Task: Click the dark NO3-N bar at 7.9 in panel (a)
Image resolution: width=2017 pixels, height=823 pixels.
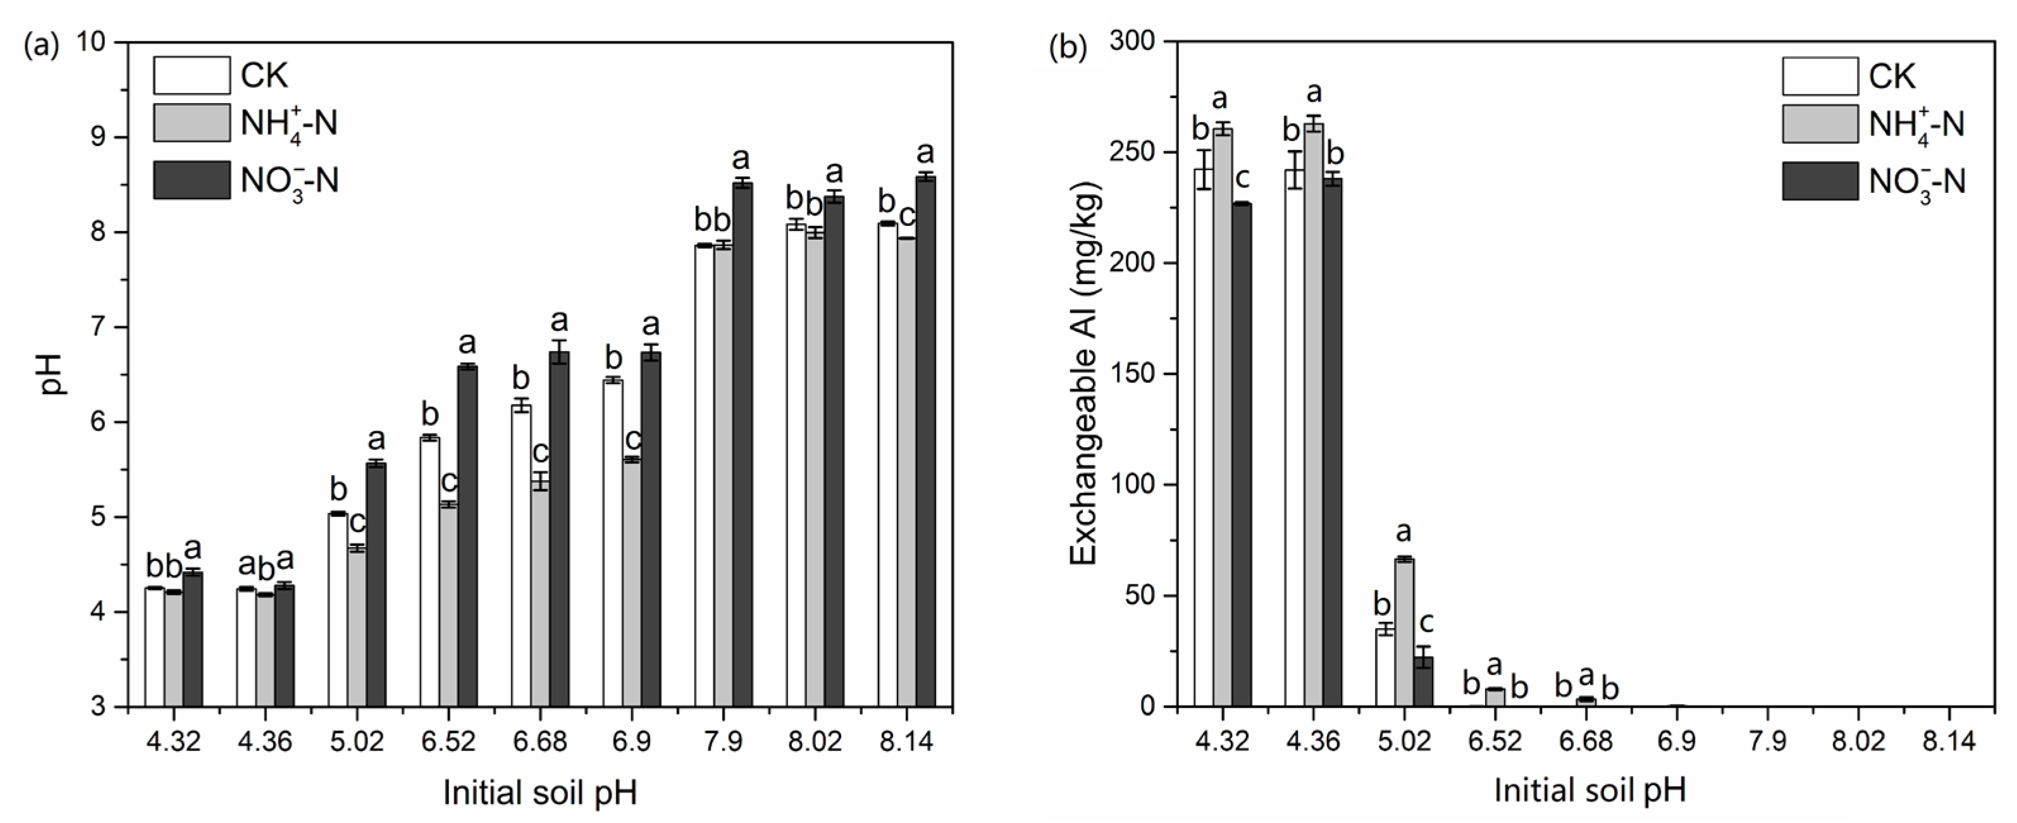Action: tap(743, 447)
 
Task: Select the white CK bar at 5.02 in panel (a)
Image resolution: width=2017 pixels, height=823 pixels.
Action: tap(338, 611)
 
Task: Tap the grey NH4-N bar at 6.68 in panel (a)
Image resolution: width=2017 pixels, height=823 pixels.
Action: tap(540, 595)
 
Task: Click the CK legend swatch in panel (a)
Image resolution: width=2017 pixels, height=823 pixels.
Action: tap(192, 75)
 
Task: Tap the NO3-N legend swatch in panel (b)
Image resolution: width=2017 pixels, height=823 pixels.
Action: tap(1820, 181)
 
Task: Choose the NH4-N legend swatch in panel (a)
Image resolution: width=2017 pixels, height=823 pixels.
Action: tap(192, 123)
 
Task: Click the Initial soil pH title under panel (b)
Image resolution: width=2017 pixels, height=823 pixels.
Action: tap(1589, 791)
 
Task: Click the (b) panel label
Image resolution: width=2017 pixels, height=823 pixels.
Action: tap(1067, 49)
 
